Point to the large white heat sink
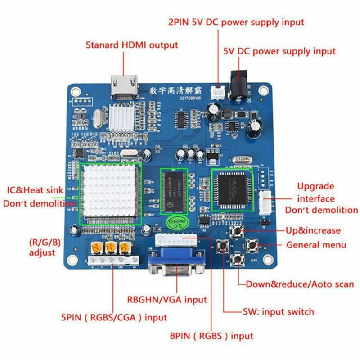coord(110,193)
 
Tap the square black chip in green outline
coord(232,189)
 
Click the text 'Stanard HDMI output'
coord(132,45)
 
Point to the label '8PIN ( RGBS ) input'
coord(212,336)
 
